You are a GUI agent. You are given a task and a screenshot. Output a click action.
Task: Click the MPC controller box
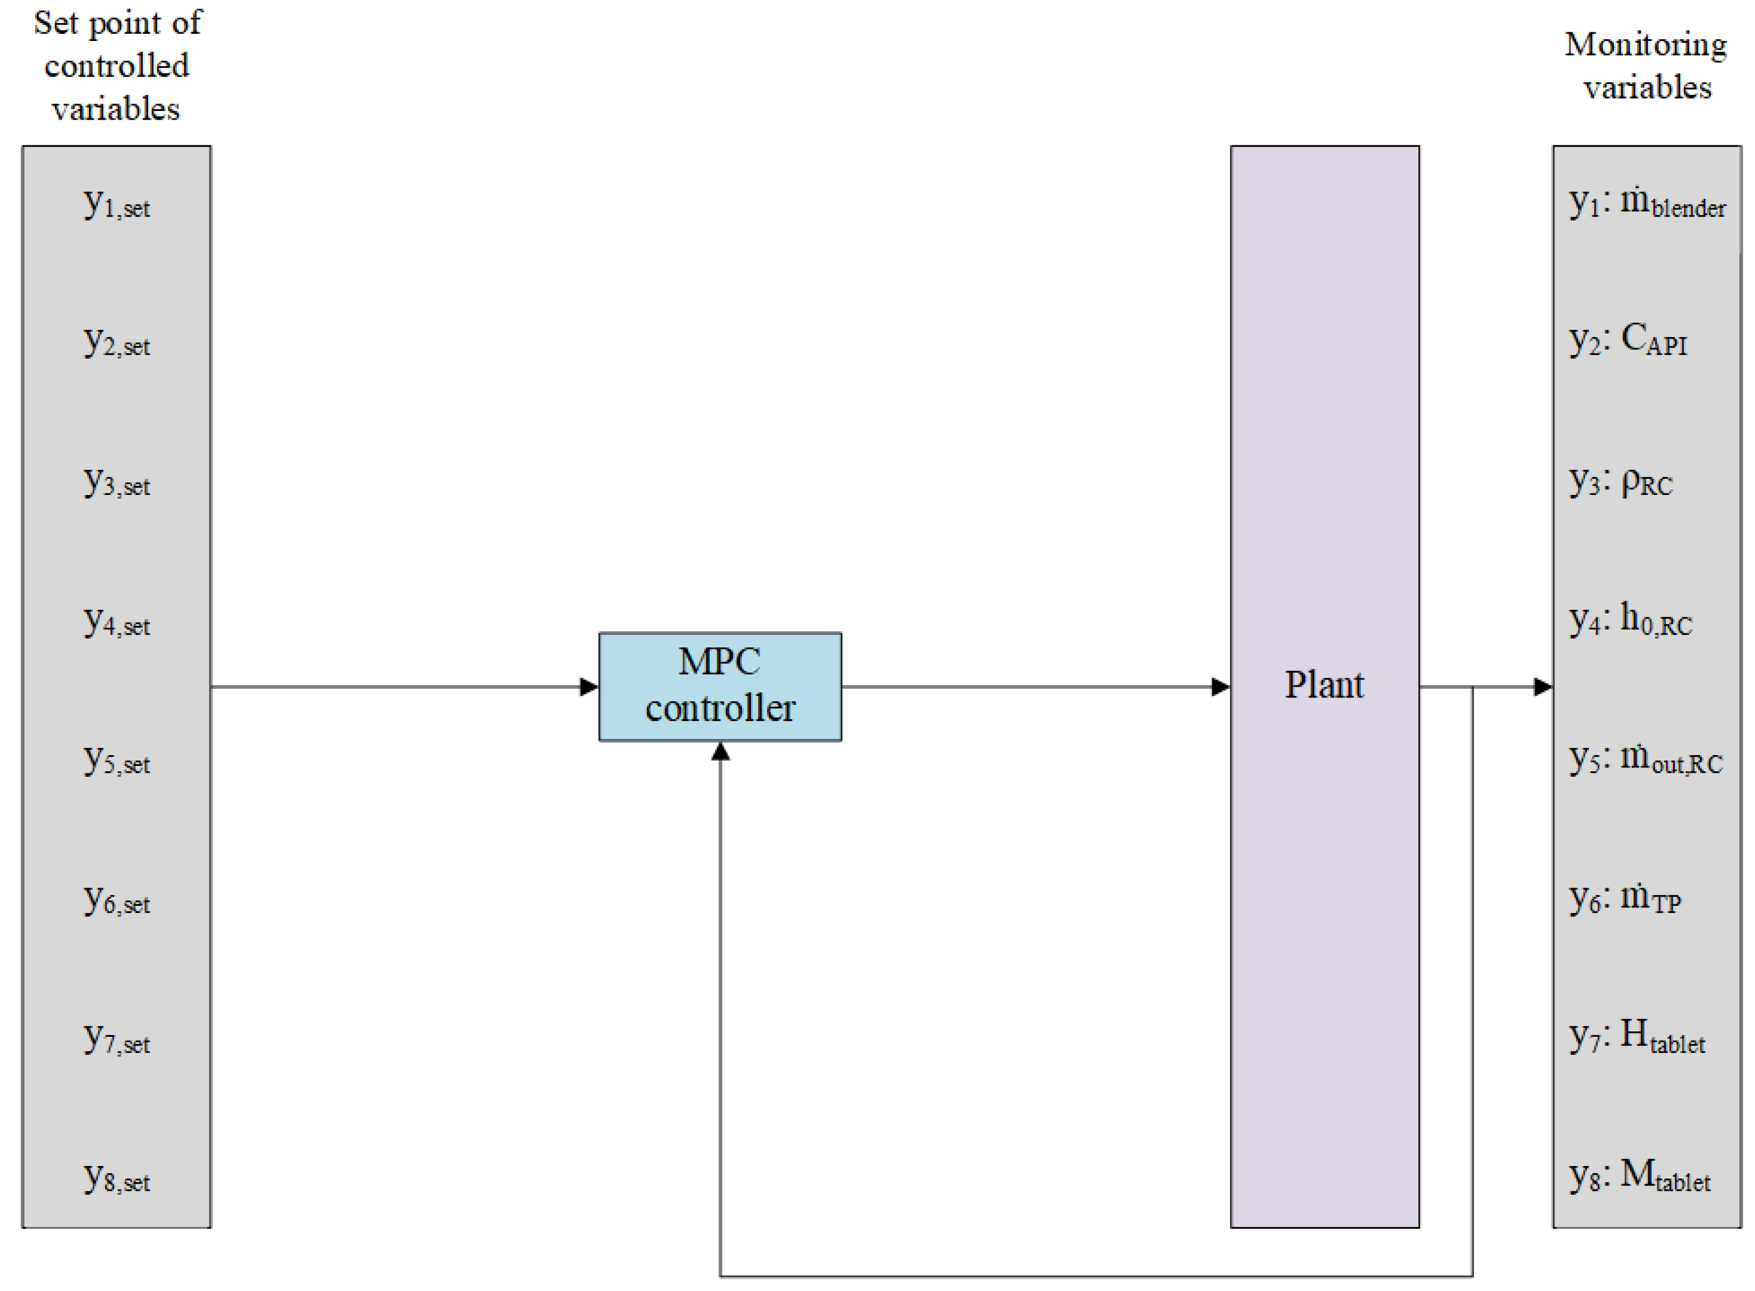pyautogui.click(x=719, y=686)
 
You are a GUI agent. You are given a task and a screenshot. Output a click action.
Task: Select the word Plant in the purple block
pyautogui.click(x=1324, y=685)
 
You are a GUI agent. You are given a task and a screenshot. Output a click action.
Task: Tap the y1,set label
pyautogui.click(x=116, y=204)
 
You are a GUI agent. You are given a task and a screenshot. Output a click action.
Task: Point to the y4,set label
pyautogui.click(x=116, y=622)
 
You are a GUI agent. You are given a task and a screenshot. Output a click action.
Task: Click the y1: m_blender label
pyautogui.click(x=1646, y=203)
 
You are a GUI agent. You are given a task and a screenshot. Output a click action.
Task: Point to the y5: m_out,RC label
pyautogui.click(x=1645, y=759)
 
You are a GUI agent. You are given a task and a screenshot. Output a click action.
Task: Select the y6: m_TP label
pyautogui.click(x=1625, y=899)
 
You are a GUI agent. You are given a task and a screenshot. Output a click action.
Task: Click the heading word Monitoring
pyautogui.click(x=1645, y=45)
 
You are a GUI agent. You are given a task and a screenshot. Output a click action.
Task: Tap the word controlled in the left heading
pyautogui.click(x=116, y=66)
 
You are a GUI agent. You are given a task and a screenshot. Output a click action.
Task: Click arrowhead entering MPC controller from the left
pyautogui.click(x=589, y=687)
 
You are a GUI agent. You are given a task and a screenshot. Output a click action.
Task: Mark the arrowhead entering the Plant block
pyautogui.click(x=1220, y=687)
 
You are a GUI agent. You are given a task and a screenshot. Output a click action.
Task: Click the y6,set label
pyautogui.click(x=116, y=901)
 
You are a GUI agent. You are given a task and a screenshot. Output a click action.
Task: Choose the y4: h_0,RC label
pyautogui.click(x=1630, y=620)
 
